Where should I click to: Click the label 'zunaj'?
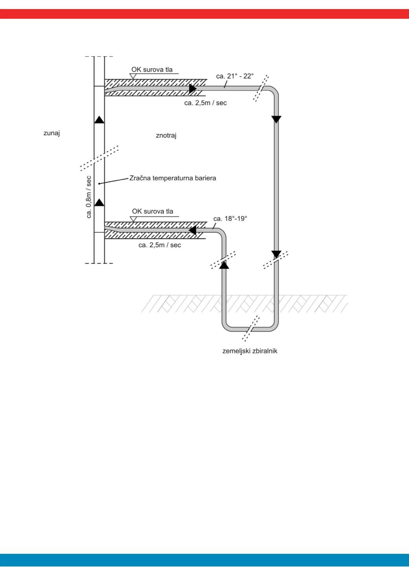tap(52, 133)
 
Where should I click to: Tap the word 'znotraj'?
tap(166, 135)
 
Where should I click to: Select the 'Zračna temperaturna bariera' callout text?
tap(173, 178)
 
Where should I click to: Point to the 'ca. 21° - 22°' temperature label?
tap(235, 76)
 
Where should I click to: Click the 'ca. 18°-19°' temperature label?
tap(230, 219)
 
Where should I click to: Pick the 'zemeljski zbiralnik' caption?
tap(250, 351)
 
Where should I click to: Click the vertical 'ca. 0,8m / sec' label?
tap(88, 197)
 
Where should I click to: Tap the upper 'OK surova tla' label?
tap(152, 70)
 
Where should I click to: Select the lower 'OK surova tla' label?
tap(152, 211)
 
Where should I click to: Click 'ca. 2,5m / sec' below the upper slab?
tap(205, 103)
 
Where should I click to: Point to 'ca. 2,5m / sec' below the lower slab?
tap(160, 245)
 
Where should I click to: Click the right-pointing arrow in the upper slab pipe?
tap(193, 89)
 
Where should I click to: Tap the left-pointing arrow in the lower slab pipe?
tap(192, 230)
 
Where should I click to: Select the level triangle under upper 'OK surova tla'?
tap(133, 76)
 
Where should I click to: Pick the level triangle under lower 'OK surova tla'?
tap(133, 219)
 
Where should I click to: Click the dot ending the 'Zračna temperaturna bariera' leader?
tap(99, 183)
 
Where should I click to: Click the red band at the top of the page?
tap(204, 14)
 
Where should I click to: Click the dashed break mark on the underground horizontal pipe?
tap(251, 329)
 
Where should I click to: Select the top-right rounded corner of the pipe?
tap(274, 91)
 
